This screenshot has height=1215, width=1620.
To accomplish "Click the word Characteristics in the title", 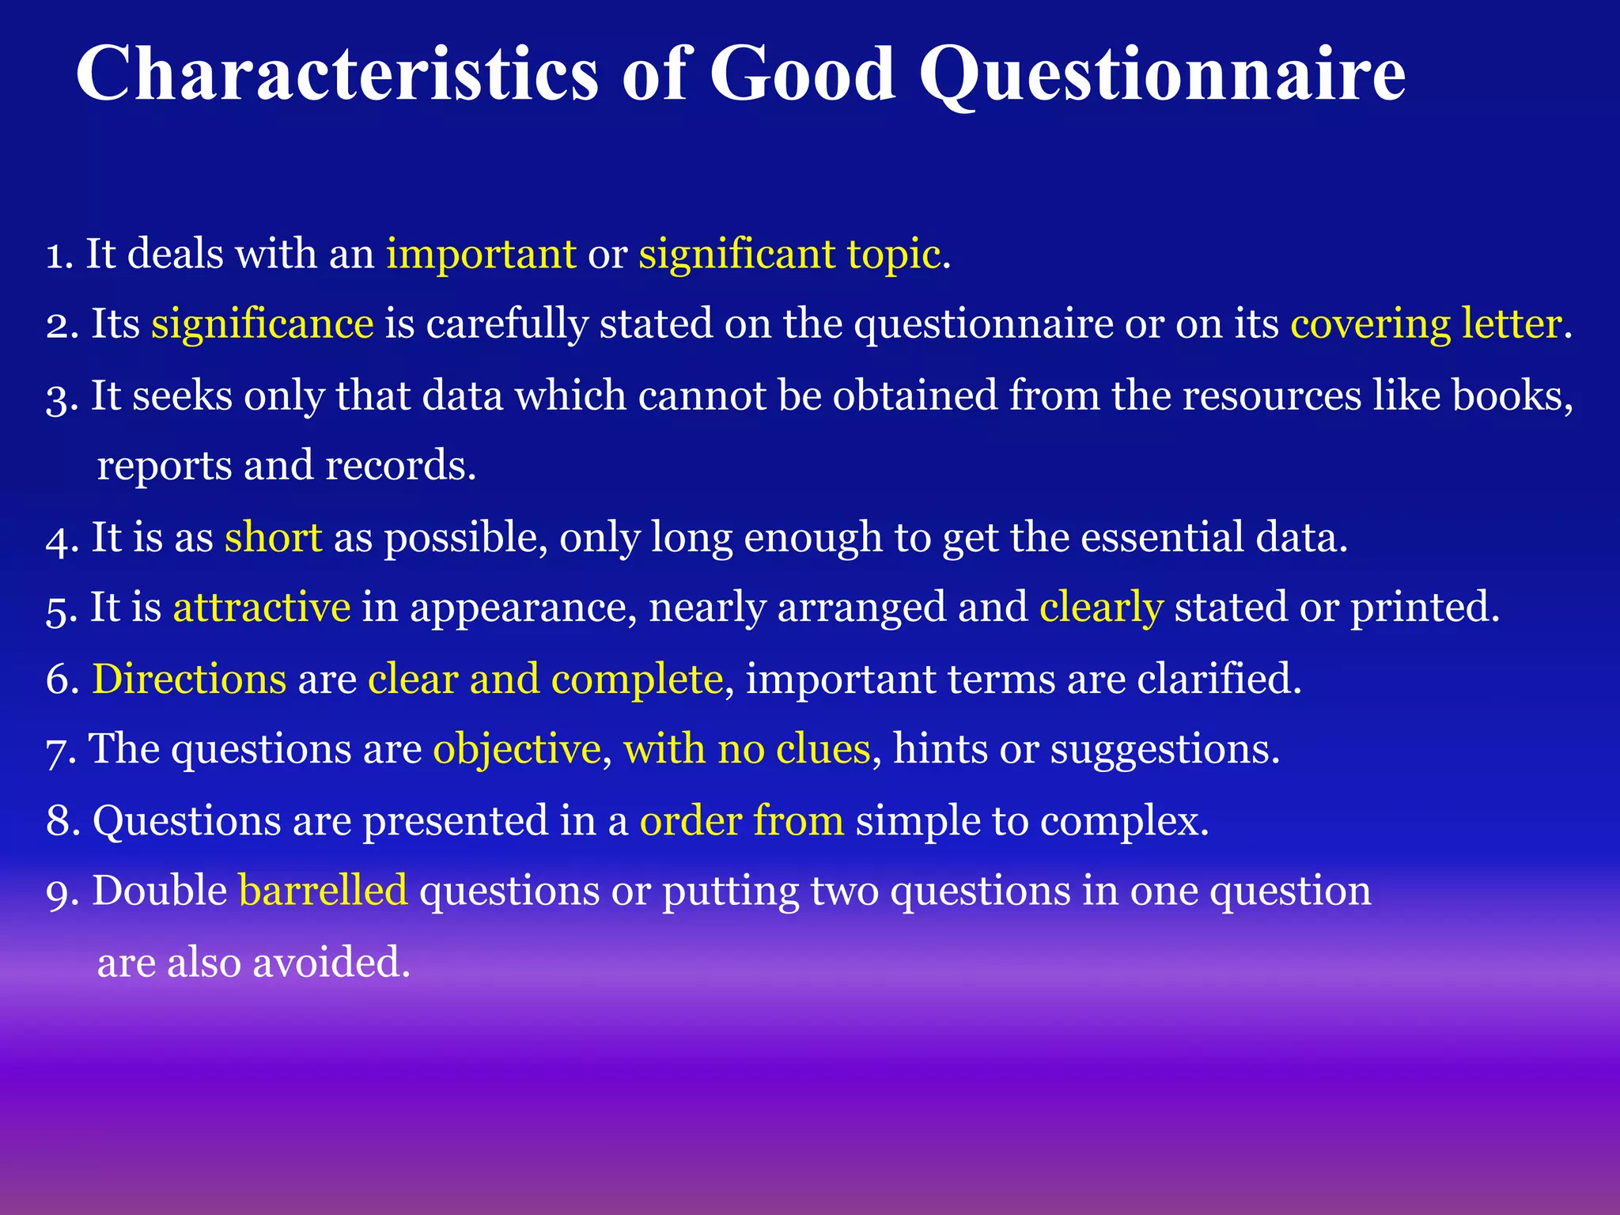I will [337, 75].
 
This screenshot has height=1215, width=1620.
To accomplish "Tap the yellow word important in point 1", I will [481, 255].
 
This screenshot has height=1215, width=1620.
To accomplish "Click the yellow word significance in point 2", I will [263, 324].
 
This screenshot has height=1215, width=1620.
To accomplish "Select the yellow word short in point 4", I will [273, 537].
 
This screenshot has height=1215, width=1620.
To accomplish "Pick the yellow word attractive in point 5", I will [262, 607].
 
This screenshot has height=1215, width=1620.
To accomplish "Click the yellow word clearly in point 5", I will [1101, 607].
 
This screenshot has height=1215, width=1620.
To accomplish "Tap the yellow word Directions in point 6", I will [189, 679].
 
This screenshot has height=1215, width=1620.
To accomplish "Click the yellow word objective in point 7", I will [517, 749].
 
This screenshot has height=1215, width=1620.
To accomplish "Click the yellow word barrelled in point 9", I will [323, 891].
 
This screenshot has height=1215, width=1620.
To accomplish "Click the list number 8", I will [59, 820].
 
